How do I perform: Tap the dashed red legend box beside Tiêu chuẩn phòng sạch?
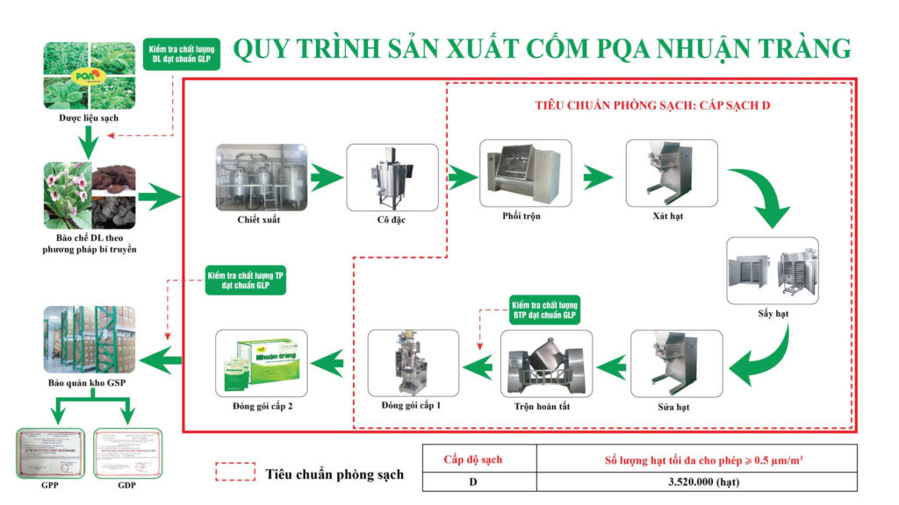234,473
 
